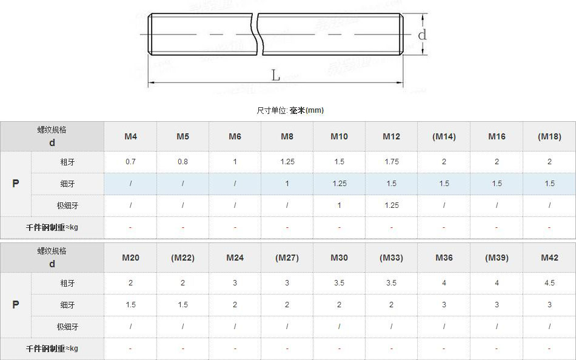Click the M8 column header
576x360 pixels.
tap(287, 136)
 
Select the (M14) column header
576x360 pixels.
tap(444, 136)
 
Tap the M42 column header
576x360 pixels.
tap(549, 258)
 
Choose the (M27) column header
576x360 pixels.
tap(287, 258)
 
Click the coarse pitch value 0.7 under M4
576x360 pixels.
tap(130, 162)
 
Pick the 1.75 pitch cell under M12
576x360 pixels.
tap(391, 162)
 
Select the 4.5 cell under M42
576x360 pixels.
tap(549, 283)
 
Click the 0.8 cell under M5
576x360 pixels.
tap(183, 162)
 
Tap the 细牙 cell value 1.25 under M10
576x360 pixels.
tap(339, 183)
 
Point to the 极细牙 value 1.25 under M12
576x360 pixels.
tap(391, 205)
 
